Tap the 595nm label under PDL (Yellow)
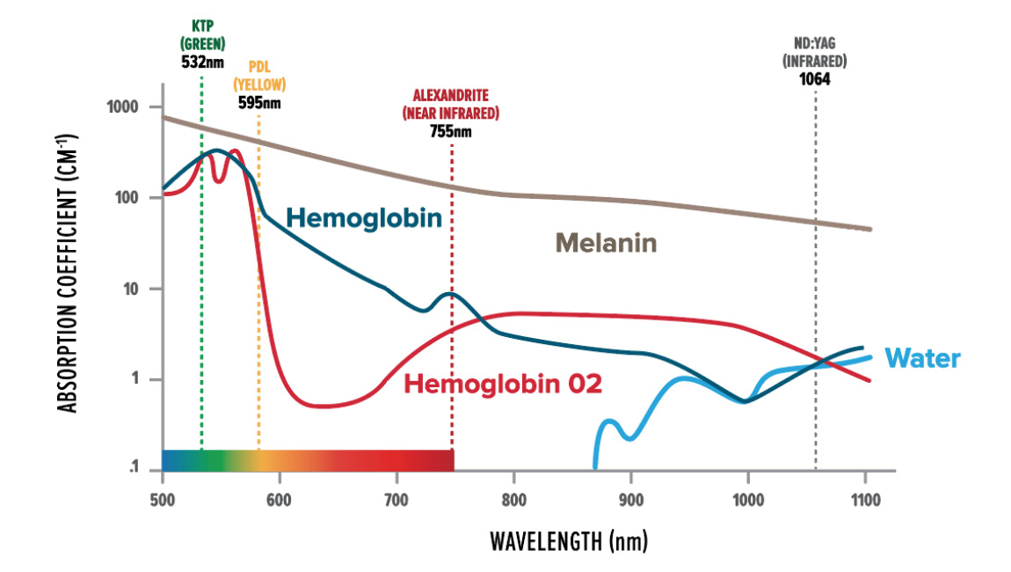click(259, 101)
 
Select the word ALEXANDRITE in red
click(451, 96)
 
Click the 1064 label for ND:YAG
click(815, 78)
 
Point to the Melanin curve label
click(606, 243)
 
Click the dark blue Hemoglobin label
click(363, 216)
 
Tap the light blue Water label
click(922, 358)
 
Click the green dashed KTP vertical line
click(202, 264)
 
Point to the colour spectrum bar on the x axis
click(308, 460)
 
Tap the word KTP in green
click(202, 26)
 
